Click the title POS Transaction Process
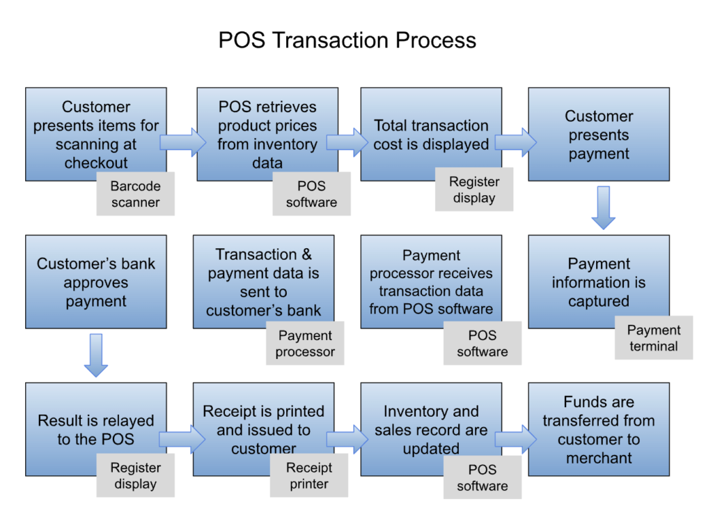(x=347, y=40)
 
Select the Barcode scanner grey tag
(x=135, y=194)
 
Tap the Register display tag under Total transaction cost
(x=474, y=190)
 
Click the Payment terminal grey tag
(x=653, y=338)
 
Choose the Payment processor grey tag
(x=304, y=344)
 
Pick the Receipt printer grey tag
(x=308, y=475)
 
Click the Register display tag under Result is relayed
(x=135, y=475)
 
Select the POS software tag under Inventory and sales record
(x=482, y=477)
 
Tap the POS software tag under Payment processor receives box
(x=482, y=344)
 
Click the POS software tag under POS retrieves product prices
(x=311, y=194)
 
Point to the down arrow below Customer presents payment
(x=603, y=208)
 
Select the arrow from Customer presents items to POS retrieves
(x=182, y=143)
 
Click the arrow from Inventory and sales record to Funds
(x=515, y=439)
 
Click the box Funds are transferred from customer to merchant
(x=599, y=429)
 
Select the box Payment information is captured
(x=599, y=282)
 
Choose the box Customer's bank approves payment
(x=96, y=282)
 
